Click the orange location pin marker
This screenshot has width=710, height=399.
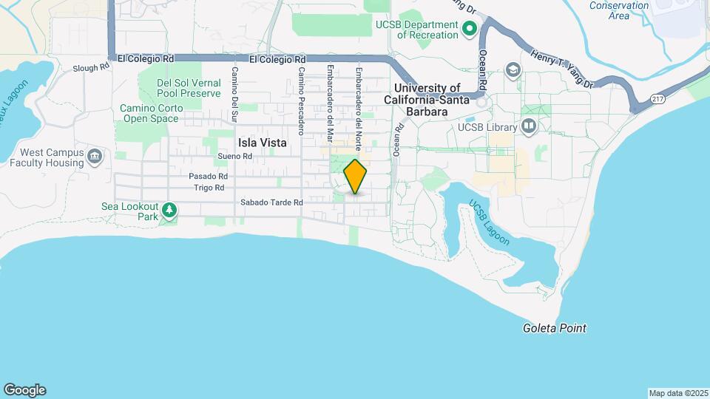pyautogui.click(x=356, y=177)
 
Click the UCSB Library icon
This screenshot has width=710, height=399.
pyautogui.click(x=528, y=127)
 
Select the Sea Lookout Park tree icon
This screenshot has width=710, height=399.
pyautogui.click(x=169, y=211)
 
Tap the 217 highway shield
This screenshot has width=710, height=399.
pyautogui.click(x=657, y=98)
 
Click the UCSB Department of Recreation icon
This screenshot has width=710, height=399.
pyautogui.click(x=468, y=30)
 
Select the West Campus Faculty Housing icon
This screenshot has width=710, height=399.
pyautogui.click(x=95, y=156)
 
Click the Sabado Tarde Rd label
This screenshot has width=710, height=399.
pyautogui.click(x=272, y=202)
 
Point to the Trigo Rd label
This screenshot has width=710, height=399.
pyautogui.click(x=209, y=188)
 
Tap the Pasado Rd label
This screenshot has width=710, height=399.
pyautogui.click(x=208, y=177)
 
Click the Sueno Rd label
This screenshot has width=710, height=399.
pyautogui.click(x=235, y=157)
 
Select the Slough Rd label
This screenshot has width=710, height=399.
pyautogui.click(x=90, y=66)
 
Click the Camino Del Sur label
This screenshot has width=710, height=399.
pyautogui.click(x=234, y=94)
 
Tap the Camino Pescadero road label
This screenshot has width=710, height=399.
pyautogui.click(x=301, y=101)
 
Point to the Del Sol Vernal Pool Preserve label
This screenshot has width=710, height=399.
pyautogui.click(x=189, y=89)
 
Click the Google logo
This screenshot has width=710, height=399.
pyautogui.click(x=24, y=390)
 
